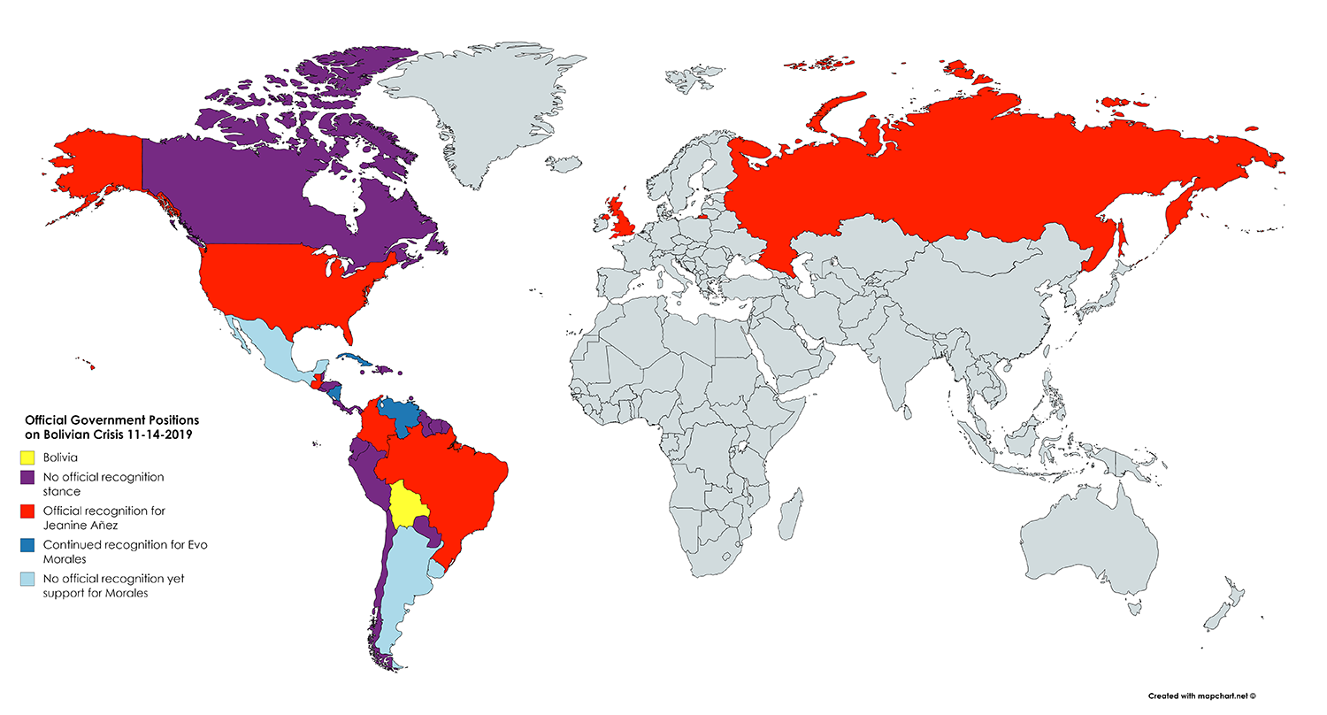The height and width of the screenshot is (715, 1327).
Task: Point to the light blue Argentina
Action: (x=403, y=575)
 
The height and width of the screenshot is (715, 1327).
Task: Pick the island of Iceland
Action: (x=564, y=164)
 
